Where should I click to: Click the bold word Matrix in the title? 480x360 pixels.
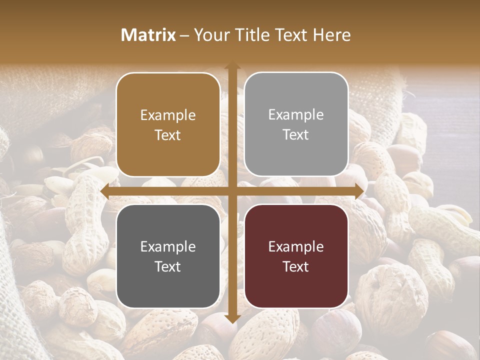(x=148, y=35)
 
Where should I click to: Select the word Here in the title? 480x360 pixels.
(x=332, y=35)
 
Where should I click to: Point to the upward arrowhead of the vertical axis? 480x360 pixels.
(x=232, y=66)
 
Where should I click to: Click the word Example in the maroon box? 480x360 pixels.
(x=296, y=247)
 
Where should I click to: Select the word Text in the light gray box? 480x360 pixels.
(x=296, y=135)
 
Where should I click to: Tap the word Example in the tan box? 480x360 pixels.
(x=168, y=115)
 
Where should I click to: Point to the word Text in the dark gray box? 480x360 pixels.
(x=168, y=267)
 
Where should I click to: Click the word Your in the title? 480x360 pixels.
(x=209, y=35)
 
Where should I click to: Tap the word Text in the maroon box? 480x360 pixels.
(x=296, y=267)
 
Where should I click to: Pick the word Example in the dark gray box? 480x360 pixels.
(x=168, y=247)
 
